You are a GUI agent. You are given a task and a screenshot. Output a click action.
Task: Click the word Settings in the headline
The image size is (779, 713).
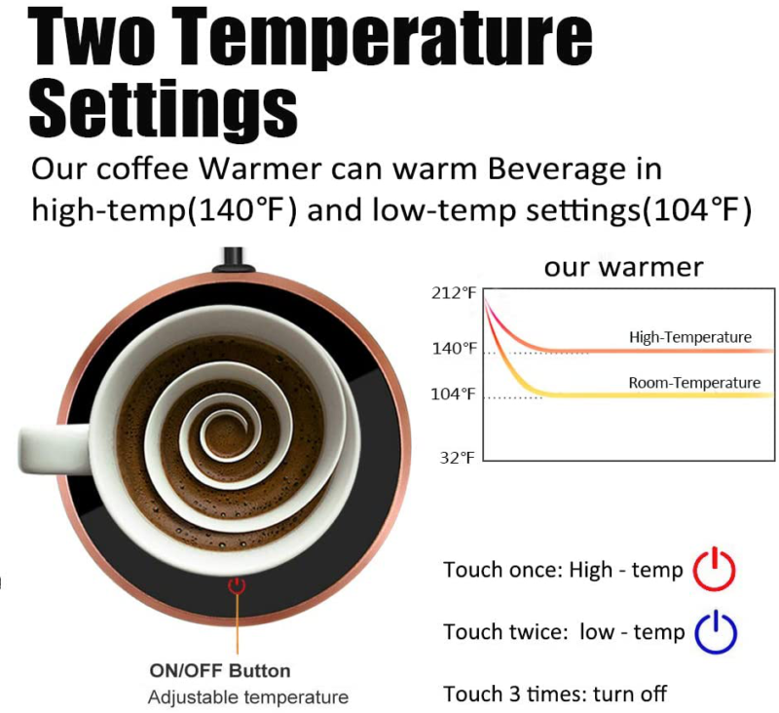(x=164, y=107)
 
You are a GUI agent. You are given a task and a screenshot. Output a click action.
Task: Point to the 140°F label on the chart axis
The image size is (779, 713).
(x=455, y=348)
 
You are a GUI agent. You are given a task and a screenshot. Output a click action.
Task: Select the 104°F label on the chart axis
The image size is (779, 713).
(x=455, y=394)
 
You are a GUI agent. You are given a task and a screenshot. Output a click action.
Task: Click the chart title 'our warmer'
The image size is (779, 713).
(x=623, y=267)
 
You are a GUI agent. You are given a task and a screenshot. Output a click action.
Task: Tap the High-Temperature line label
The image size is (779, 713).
(x=689, y=337)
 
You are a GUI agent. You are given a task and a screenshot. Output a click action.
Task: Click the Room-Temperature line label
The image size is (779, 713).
(x=694, y=383)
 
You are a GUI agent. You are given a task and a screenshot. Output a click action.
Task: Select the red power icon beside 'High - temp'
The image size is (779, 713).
(x=714, y=569)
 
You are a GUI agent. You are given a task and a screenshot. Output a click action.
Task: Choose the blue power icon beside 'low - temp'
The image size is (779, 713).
(x=716, y=631)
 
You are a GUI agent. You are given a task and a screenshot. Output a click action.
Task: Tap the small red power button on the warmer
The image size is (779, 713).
(x=237, y=585)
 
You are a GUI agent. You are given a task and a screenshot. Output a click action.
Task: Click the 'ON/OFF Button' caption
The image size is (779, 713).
(x=219, y=670)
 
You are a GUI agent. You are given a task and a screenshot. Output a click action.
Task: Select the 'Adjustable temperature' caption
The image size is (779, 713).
(x=247, y=697)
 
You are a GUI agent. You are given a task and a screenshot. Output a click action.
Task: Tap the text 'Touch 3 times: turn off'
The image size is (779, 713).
(x=555, y=694)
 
